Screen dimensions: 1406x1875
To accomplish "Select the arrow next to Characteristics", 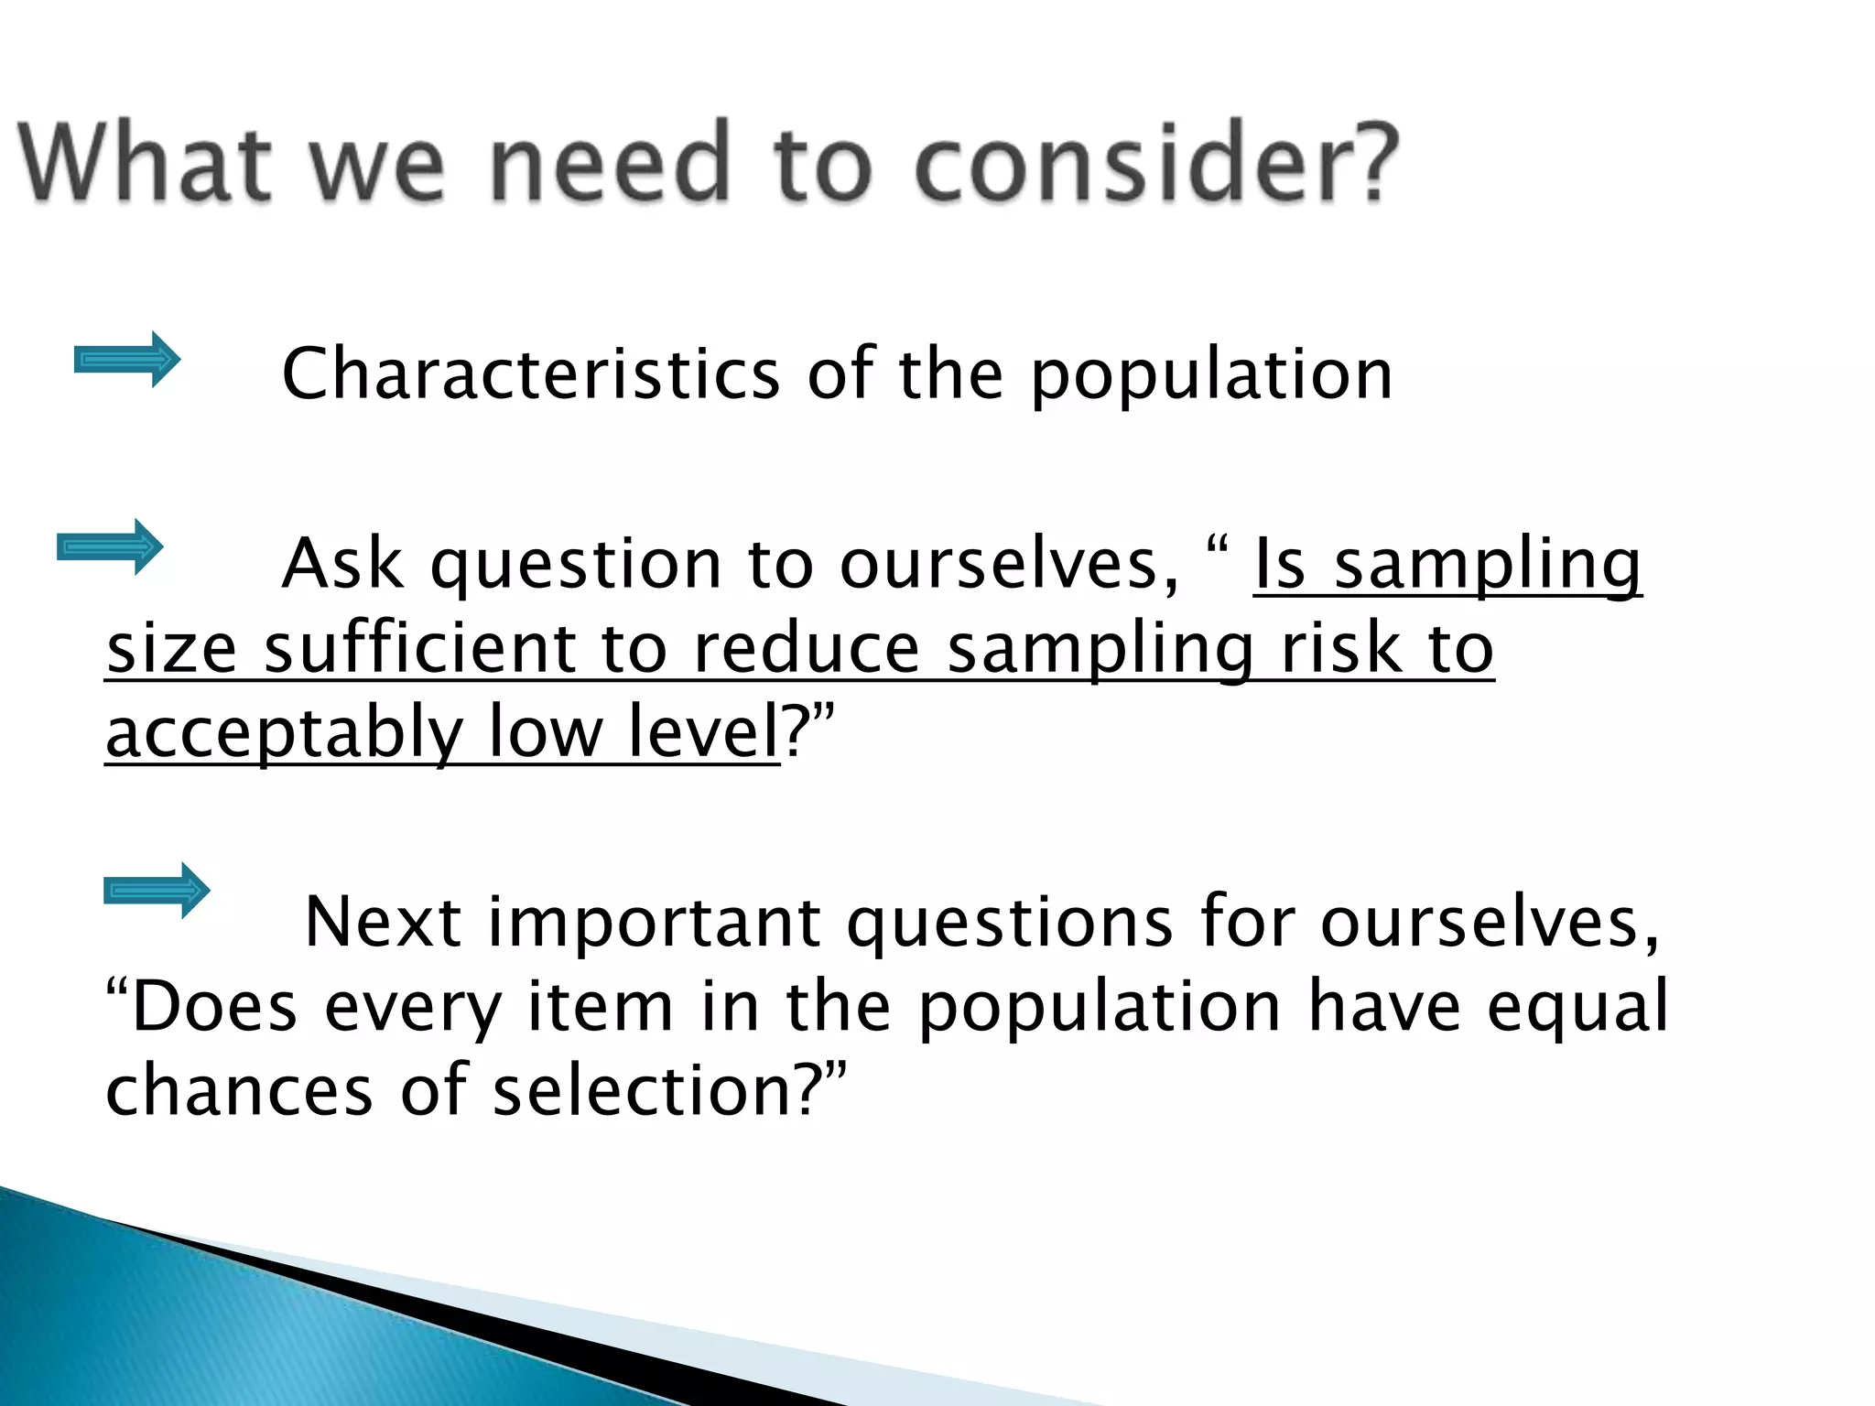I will point(127,360).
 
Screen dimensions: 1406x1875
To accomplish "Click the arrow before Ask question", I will point(110,547).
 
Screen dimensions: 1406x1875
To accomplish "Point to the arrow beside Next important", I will point(157,891).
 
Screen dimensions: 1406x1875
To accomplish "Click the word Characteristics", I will point(531,375).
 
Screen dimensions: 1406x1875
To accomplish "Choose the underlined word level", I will point(702,732).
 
